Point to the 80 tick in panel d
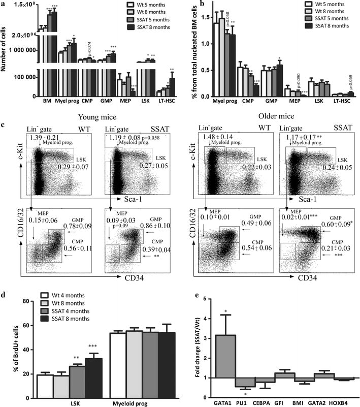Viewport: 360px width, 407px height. coord(25,301)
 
